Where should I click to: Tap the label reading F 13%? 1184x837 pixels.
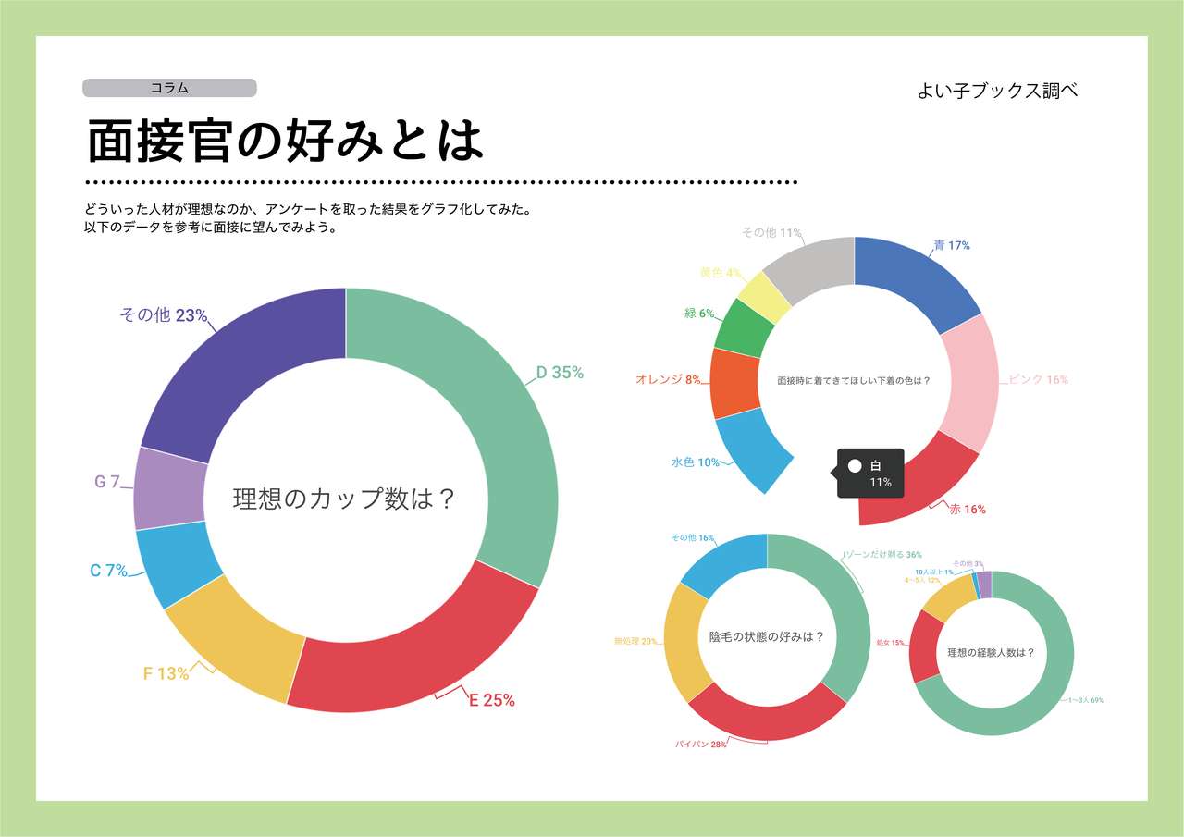coord(166,674)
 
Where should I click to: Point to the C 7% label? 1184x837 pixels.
coord(108,572)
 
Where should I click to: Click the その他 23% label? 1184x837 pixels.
coord(163,315)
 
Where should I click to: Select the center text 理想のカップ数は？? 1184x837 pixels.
coord(345,499)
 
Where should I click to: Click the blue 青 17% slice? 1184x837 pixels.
coord(911,277)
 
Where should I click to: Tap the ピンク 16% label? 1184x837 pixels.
coord(1038,380)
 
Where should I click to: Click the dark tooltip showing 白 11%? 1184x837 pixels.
coord(869,474)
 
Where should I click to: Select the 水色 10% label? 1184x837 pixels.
coord(696,462)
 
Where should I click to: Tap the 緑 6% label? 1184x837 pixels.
coord(699,314)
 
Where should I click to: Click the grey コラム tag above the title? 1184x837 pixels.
coord(169,88)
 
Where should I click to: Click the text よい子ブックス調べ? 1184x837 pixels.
coord(997,91)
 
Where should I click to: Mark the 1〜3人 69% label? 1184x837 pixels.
coord(1085,700)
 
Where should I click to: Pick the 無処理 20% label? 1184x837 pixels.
coord(635,641)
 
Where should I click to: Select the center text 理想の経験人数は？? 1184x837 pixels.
coord(991,653)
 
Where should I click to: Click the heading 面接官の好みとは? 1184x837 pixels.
coord(285,142)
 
